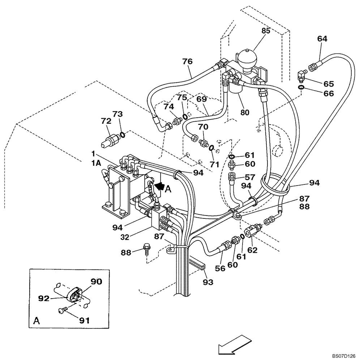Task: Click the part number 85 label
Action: pos(266,31)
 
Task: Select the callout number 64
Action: pos(322,39)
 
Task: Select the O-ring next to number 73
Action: pos(123,135)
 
